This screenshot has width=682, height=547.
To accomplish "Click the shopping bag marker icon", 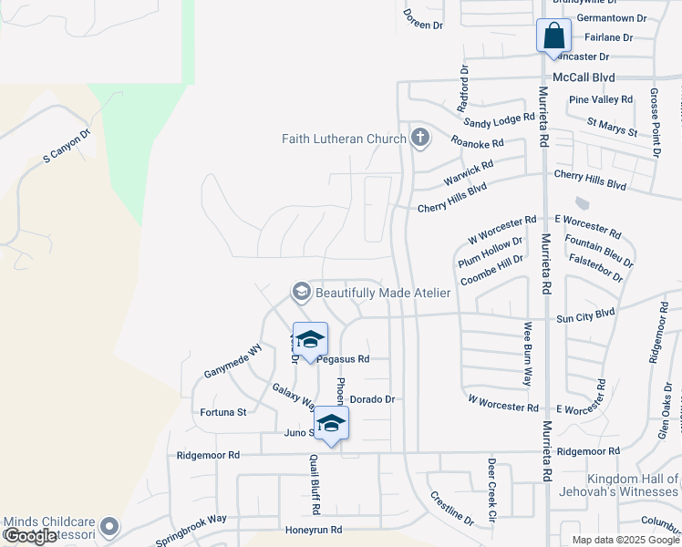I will tap(553, 36).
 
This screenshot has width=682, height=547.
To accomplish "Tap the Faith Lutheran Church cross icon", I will tap(419, 139).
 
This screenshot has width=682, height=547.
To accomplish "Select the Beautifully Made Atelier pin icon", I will tap(300, 292).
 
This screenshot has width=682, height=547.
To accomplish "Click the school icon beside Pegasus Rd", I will tap(310, 341).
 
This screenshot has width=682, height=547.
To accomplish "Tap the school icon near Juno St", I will tap(332, 424).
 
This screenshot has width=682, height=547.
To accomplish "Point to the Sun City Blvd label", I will tap(585, 313).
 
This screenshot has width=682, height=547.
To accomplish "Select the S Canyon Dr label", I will tap(68, 146).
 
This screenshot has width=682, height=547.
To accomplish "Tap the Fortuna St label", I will tap(223, 412).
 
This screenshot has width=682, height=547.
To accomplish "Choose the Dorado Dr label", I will tap(372, 399).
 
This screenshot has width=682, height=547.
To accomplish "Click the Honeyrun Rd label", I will tap(313, 530).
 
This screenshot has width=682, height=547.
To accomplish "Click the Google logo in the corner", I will tap(29, 537).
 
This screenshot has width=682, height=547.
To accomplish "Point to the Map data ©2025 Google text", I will tap(625, 540).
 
